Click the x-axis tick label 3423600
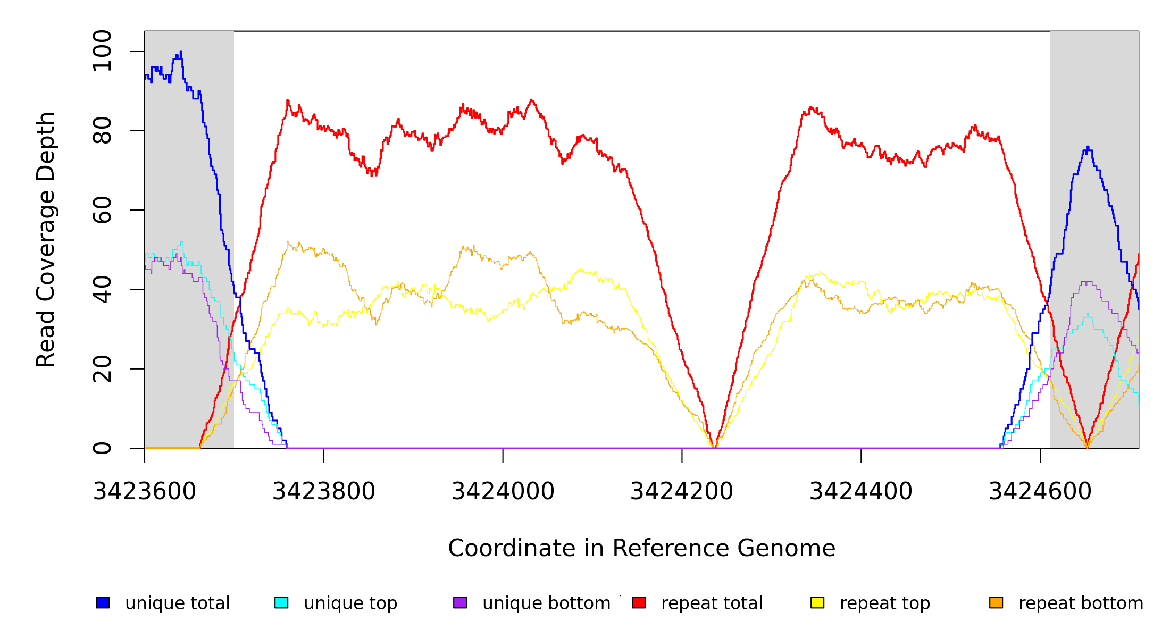pyautogui.click(x=145, y=492)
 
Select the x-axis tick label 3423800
pyautogui.click(x=324, y=492)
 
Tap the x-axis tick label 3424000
pyautogui.click(x=503, y=492)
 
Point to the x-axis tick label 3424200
pyautogui.click(x=682, y=492)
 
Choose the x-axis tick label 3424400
pyautogui.click(x=861, y=492)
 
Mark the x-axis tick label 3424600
pyautogui.click(x=1040, y=492)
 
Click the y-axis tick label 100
pyautogui.click(x=102, y=51)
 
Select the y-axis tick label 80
pyautogui.click(x=102, y=130)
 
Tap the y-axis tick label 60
pyautogui.click(x=102, y=210)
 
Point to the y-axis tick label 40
pyautogui.click(x=102, y=289)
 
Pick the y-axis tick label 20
pyautogui.click(x=102, y=369)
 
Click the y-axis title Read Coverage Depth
pyautogui.click(x=46, y=239)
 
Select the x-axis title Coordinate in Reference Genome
pyautogui.click(x=641, y=549)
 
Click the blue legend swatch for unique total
pyautogui.click(x=103, y=602)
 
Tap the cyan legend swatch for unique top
pyautogui.click(x=281, y=602)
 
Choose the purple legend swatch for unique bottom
pyautogui.click(x=460, y=602)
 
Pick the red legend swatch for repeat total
pyautogui.click(x=639, y=602)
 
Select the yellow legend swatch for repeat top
pyautogui.click(x=817, y=602)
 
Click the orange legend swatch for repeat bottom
pyautogui.click(x=996, y=602)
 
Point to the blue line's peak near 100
pyautogui.click(x=181, y=52)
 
